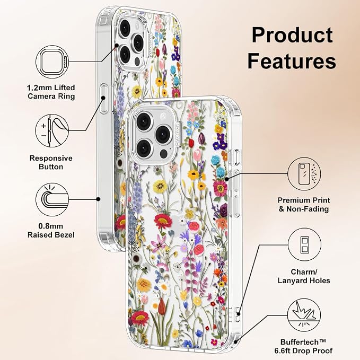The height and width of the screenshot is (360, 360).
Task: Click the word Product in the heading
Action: pyautogui.click(x=292, y=35)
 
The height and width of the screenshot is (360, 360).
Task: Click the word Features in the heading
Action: pyautogui.click(x=292, y=60)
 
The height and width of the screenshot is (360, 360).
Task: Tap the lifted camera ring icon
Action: pyautogui.click(x=52, y=62)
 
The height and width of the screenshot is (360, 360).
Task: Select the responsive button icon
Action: pyautogui.click(x=52, y=131)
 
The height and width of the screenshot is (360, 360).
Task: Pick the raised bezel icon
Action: pyautogui.click(x=52, y=199)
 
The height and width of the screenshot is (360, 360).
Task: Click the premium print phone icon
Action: pyautogui.click(x=304, y=174)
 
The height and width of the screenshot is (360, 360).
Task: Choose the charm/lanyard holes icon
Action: pyautogui.click(x=304, y=244)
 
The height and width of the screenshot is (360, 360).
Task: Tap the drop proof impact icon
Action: pyautogui.click(x=304, y=315)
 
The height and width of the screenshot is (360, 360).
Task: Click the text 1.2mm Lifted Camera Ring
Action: pyautogui.click(x=51, y=92)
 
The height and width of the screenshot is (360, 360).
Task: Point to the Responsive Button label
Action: pyautogui.click(x=51, y=162)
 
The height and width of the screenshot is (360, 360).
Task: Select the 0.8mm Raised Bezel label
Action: pyautogui.click(x=51, y=231)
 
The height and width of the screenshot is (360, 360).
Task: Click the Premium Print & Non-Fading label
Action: pyautogui.click(x=304, y=205)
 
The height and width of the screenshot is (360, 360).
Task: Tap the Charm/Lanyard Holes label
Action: pyautogui.click(x=304, y=276)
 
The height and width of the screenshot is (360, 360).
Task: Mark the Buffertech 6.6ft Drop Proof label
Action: pyautogui.click(x=303, y=346)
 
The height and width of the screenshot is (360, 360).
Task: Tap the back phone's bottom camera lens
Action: pyautogui.click(x=125, y=55)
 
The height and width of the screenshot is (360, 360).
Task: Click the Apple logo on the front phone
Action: pyautogui.click(x=175, y=223)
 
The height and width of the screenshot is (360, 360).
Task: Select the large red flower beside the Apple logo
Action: pyautogui.click(x=163, y=221)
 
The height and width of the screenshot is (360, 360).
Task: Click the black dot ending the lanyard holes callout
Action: pyautogui.click(x=239, y=314)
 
